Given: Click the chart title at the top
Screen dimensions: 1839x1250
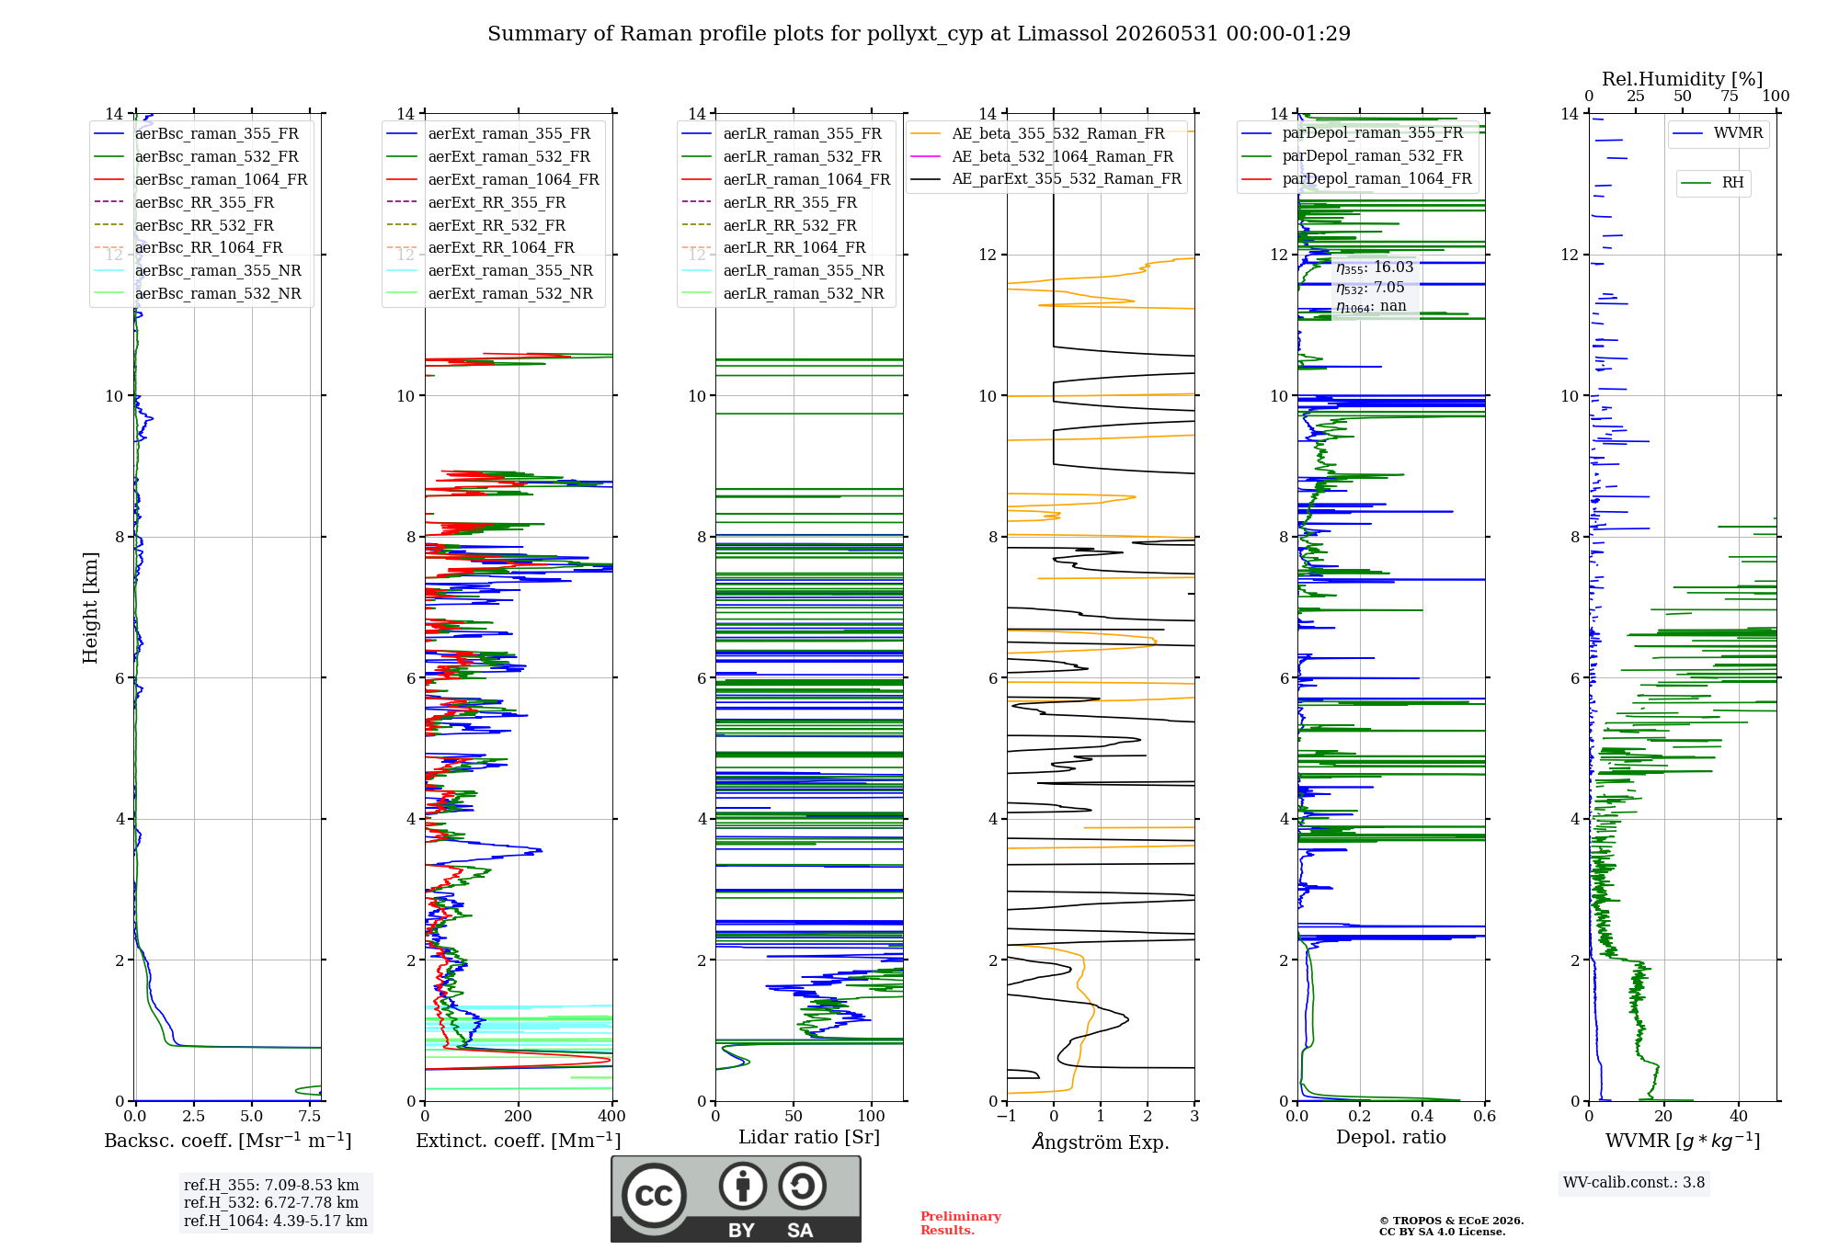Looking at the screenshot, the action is [x=919, y=34].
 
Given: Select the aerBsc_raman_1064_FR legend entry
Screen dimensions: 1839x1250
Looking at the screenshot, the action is [x=200, y=179].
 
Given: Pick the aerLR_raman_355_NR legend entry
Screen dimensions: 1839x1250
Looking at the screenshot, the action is [x=782, y=270].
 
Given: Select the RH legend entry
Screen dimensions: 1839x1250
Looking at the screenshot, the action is [x=1713, y=183].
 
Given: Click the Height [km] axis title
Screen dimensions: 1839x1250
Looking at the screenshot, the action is [x=90, y=608].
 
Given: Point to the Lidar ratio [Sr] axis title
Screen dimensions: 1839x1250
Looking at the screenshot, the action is [x=809, y=1137].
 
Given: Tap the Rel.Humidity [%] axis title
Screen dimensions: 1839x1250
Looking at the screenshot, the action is [x=1683, y=79].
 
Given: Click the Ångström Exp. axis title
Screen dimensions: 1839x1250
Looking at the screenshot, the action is [x=1101, y=1142].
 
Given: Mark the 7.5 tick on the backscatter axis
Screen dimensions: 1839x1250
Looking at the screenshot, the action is [x=310, y=1116].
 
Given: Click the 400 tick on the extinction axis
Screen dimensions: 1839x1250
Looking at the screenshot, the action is [x=612, y=1116].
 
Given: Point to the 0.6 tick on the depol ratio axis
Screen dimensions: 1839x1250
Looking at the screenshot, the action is [x=1484, y=1116].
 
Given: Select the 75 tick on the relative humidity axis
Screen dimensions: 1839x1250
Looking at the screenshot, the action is [x=1730, y=96].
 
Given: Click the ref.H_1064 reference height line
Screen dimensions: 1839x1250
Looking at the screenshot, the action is [x=276, y=1221].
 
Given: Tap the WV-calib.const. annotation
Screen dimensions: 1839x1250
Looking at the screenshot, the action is [x=1634, y=1182].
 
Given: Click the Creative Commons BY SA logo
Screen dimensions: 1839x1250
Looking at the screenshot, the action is [x=736, y=1199].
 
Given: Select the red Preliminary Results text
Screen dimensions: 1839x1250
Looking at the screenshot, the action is [x=961, y=1222].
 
